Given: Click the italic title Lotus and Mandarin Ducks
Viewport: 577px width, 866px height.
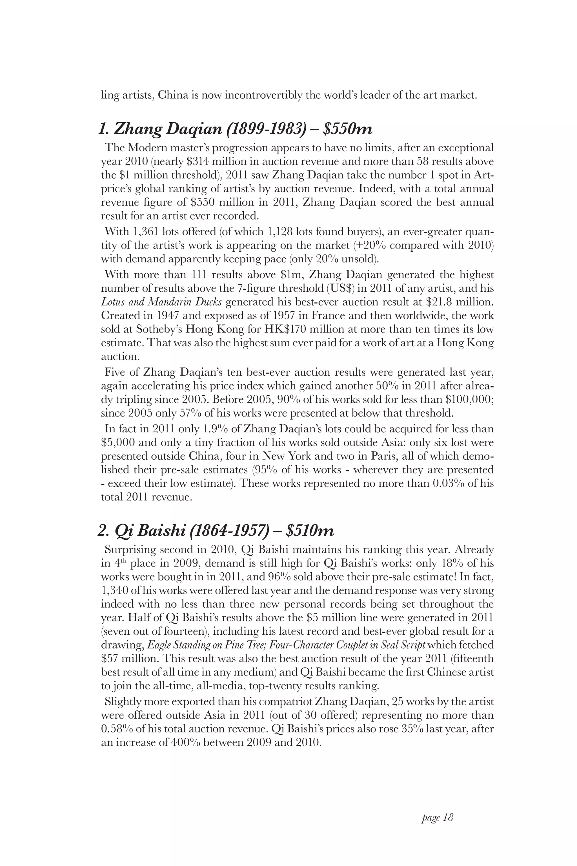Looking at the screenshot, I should click(x=161, y=302).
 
